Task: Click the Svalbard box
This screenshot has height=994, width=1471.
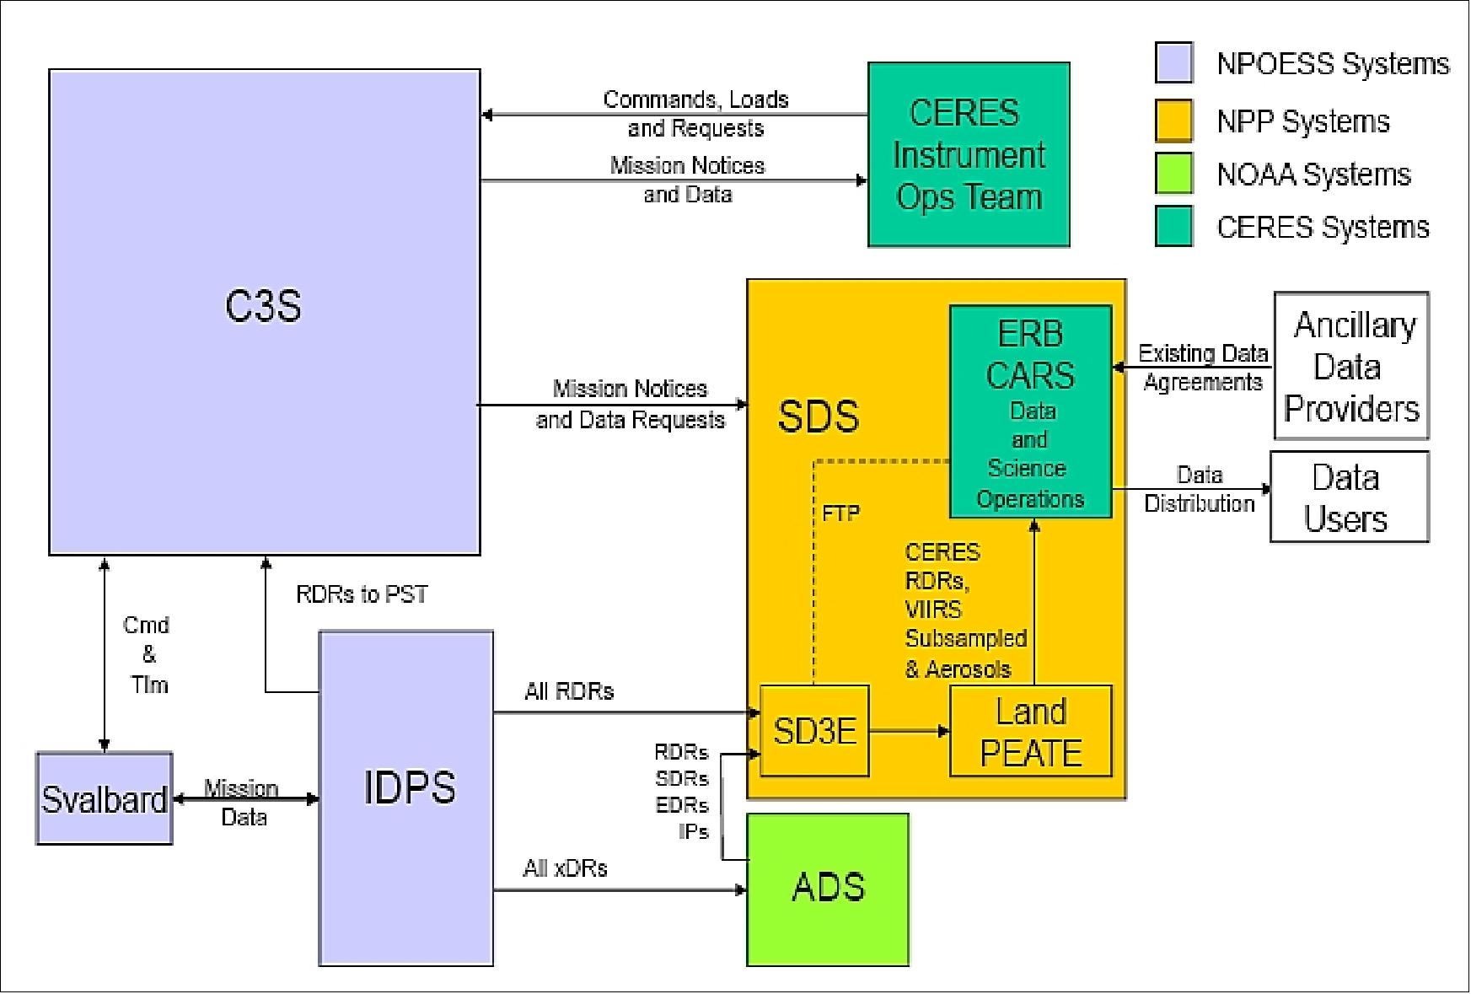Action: coord(104,798)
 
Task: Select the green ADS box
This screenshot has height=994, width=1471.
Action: coord(828,889)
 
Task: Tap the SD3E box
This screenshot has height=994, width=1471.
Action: coord(814,731)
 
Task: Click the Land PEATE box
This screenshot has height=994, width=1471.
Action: coord(1030,731)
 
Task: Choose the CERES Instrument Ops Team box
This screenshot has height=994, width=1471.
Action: coord(969,154)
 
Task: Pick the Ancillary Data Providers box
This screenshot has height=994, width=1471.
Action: coord(1350,366)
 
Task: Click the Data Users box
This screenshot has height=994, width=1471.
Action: coord(1349,497)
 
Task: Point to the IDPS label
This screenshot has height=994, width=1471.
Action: coord(409,787)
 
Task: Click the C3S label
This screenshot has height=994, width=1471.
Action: coord(263,305)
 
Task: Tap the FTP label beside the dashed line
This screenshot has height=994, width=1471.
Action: coord(840,513)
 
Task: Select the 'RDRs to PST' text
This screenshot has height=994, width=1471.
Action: coord(362,594)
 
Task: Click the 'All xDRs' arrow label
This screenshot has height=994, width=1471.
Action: coord(565,868)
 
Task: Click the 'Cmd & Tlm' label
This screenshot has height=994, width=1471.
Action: coord(147,654)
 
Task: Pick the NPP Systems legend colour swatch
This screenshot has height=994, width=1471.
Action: coord(1173,120)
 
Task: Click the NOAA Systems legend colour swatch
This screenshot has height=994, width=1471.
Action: coord(1173,174)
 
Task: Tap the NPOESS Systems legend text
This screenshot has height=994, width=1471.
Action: coord(1332,64)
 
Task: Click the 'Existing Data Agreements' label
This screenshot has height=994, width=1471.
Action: coord(1203,368)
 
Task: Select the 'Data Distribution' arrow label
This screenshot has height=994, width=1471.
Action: coord(1199,489)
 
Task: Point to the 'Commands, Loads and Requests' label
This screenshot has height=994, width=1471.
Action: coord(695,114)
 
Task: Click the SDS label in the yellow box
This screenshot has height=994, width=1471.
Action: coord(818,416)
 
